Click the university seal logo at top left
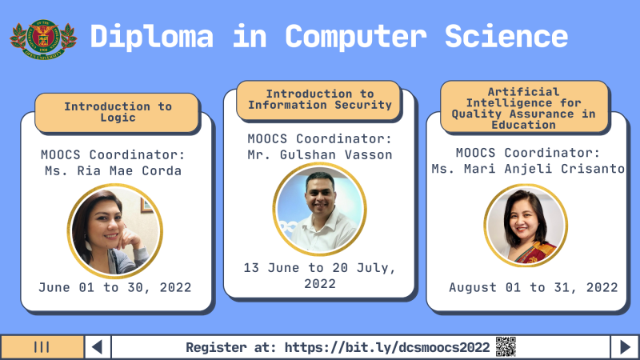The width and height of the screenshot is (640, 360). (x=43, y=36)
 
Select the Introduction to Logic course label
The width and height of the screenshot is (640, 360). (x=118, y=112)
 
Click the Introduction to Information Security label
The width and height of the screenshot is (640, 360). (x=318, y=99)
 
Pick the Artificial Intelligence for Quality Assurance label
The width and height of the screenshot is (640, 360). (x=524, y=107)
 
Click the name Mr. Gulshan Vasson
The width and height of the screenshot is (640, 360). (x=319, y=154)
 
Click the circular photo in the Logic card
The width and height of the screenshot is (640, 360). (x=115, y=230)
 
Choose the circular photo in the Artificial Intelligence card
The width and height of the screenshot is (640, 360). (x=526, y=225)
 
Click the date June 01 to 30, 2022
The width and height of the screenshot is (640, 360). (x=115, y=287)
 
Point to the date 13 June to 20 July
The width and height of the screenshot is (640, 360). (x=319, y=275)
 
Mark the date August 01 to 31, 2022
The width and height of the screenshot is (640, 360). (x=533, y=287)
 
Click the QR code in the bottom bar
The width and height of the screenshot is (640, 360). (x=506, y=346)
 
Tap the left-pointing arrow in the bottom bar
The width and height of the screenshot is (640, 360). (x=97, y=347)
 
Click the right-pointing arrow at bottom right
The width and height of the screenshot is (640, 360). (x=624, y=347)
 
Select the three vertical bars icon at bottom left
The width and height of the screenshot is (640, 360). (x=42, y=347)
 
